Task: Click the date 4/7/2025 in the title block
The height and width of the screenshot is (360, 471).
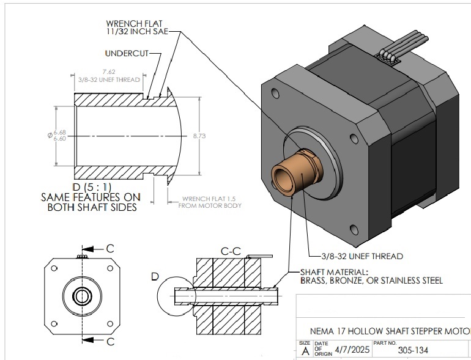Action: [346, 351]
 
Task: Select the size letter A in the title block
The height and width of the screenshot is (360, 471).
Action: [305, 351]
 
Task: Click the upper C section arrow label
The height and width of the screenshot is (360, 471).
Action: [110, 249]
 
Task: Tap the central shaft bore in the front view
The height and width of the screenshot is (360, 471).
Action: [81, 296]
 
